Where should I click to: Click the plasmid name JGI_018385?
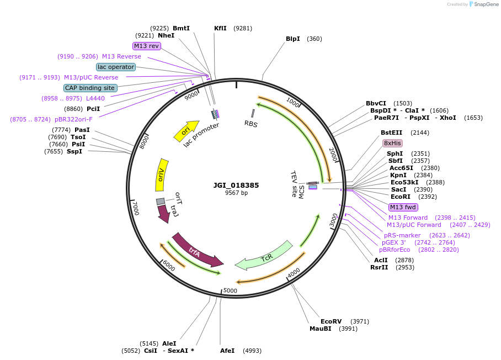[236, 186]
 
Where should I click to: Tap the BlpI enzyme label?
[292, 39]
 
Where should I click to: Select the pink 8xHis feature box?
[392, 143]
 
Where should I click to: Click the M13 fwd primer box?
[403, 207]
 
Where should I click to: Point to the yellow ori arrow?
[186, 130]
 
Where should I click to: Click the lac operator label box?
[116, 67]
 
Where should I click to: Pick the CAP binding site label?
[90, 88]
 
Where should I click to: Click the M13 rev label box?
[146, 46]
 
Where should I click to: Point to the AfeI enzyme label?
[227, 351]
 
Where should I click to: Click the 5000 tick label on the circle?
[230, 291]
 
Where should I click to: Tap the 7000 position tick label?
[136, 208]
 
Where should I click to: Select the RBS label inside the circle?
[251, 124]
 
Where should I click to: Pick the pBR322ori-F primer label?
[73, 119]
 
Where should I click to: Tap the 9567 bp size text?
[236, 193]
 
